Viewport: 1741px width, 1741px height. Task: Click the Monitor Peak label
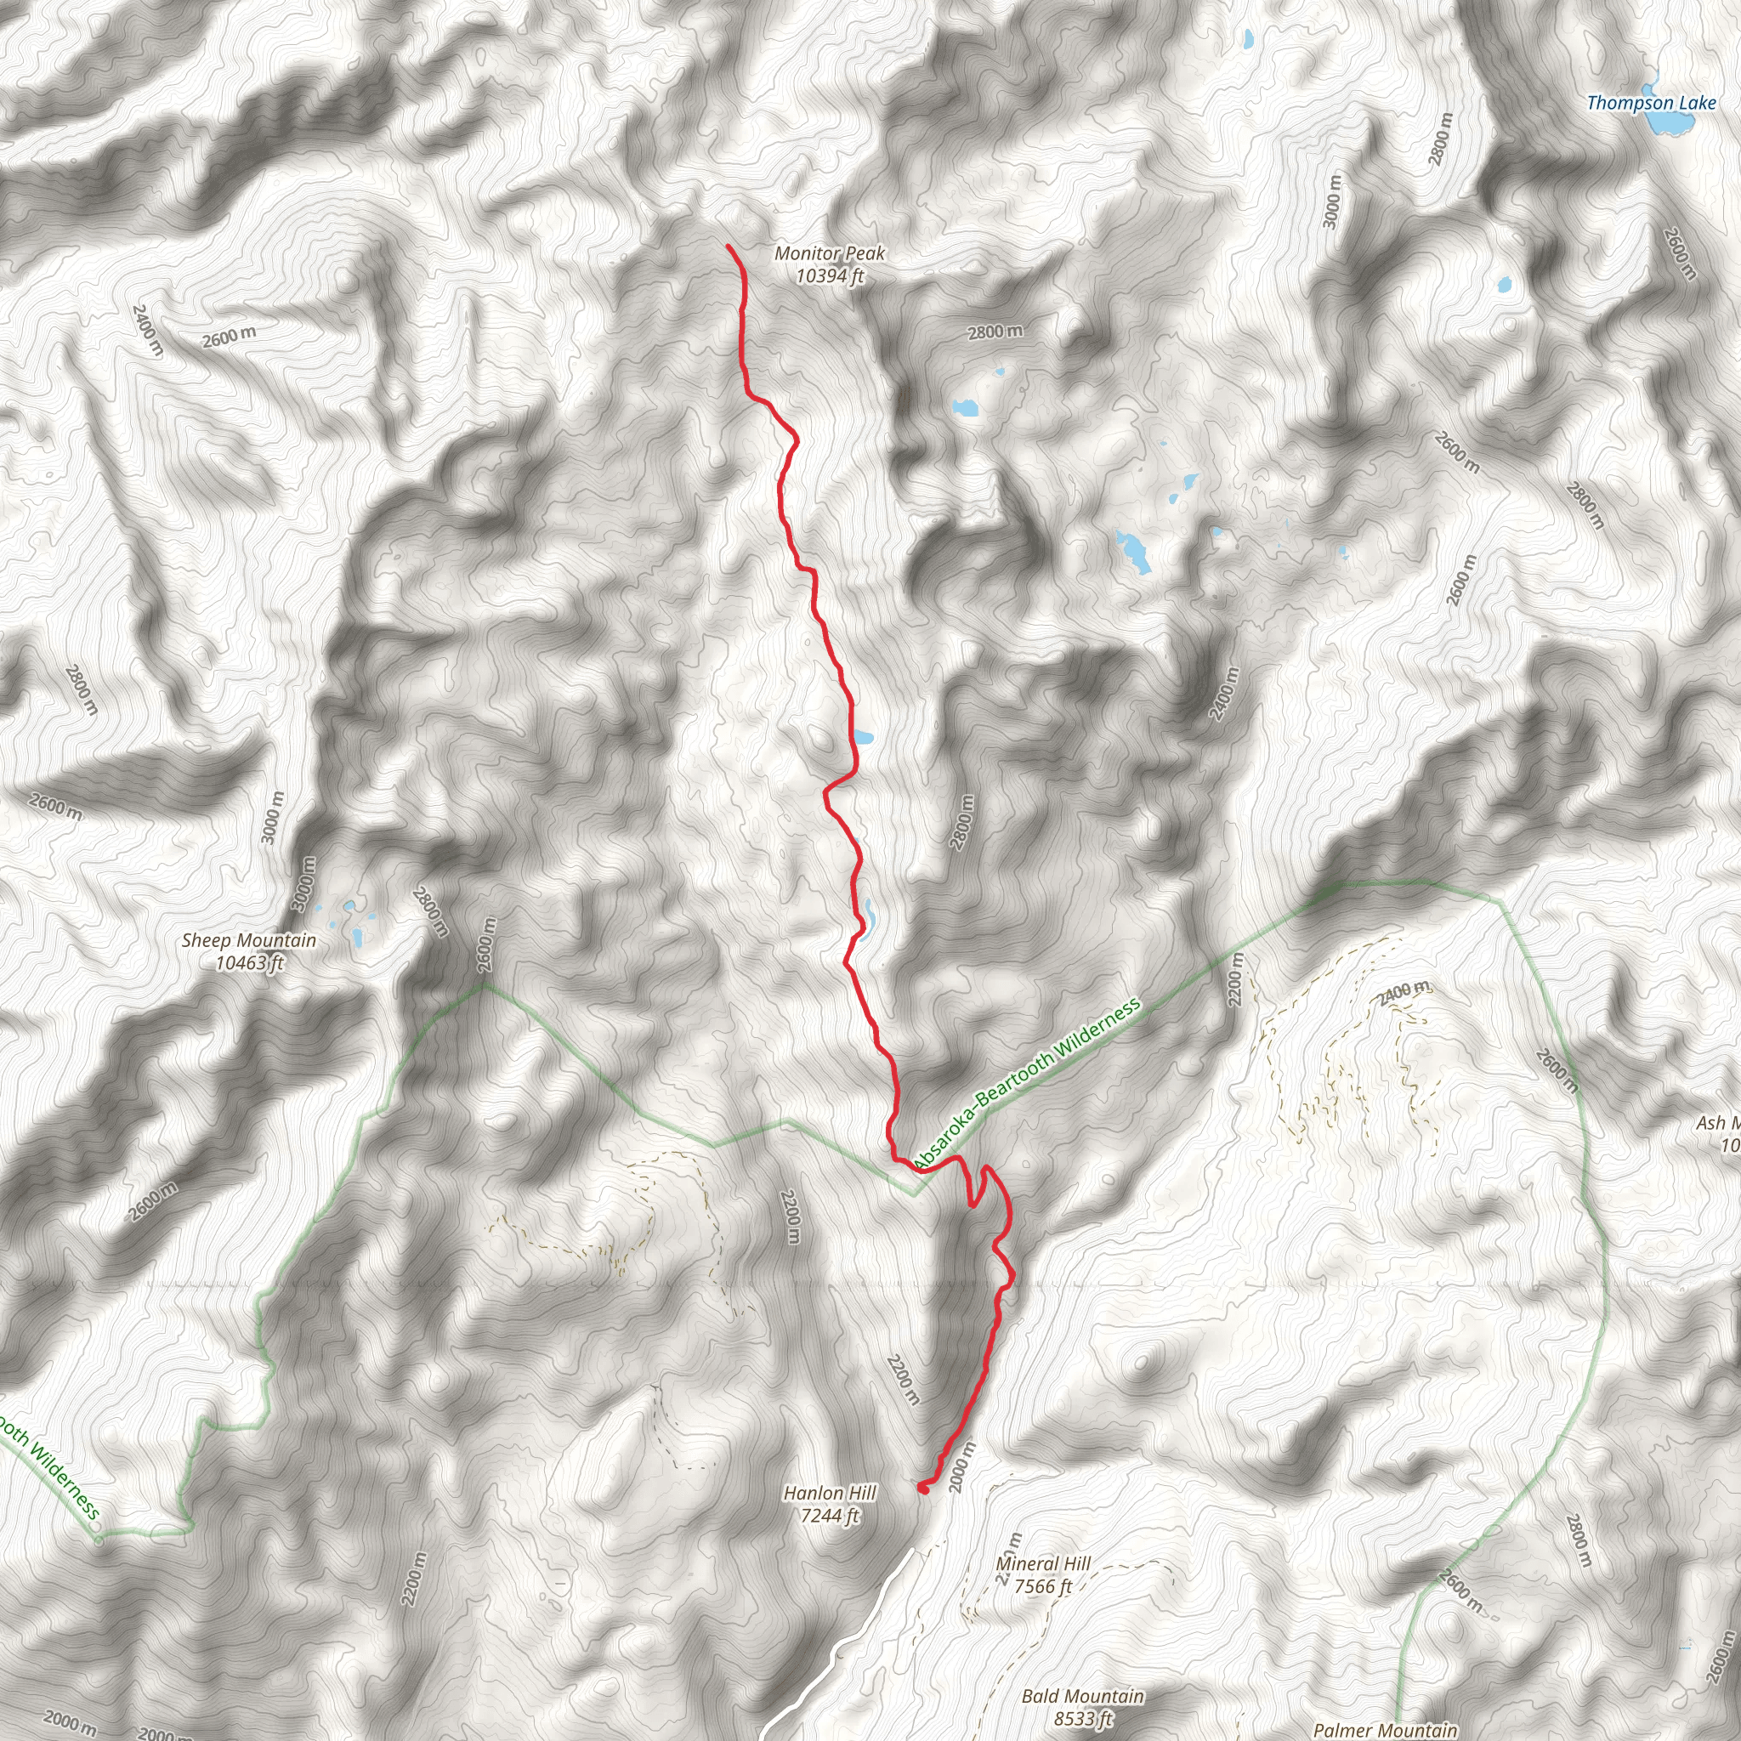(829, 254)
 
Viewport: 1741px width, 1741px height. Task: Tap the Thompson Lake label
(1651, 103)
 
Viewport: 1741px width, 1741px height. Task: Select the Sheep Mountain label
(249, 941)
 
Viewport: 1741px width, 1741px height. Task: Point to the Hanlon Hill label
(829, 1493)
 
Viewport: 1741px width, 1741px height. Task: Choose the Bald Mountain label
(1082, 1697)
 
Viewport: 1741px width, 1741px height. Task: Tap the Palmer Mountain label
(1384, 1729)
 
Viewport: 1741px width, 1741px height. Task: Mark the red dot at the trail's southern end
(922, 1489)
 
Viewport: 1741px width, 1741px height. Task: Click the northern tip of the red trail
(729, 246)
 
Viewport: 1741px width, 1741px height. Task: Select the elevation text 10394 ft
(829, 275)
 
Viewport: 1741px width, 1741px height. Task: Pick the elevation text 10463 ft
(249, 962)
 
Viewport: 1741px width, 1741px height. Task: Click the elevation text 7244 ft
(829, 1516)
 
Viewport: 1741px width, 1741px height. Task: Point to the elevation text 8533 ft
(1082, 1718)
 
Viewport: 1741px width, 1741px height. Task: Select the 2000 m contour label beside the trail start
(962, 1467)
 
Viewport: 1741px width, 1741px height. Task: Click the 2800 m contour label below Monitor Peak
(995, 332)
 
